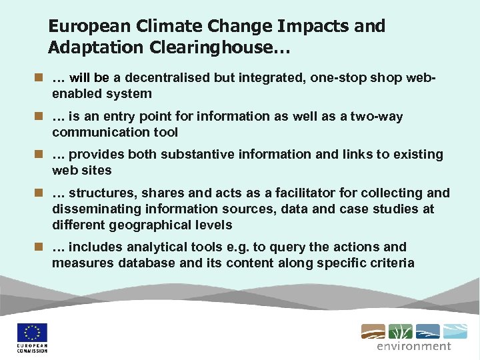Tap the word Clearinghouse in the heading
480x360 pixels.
click(215, 48)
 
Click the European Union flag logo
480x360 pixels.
click(32, 333)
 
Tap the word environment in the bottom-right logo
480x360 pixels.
click(413, 346)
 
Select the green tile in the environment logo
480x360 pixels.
click(400, 331)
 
